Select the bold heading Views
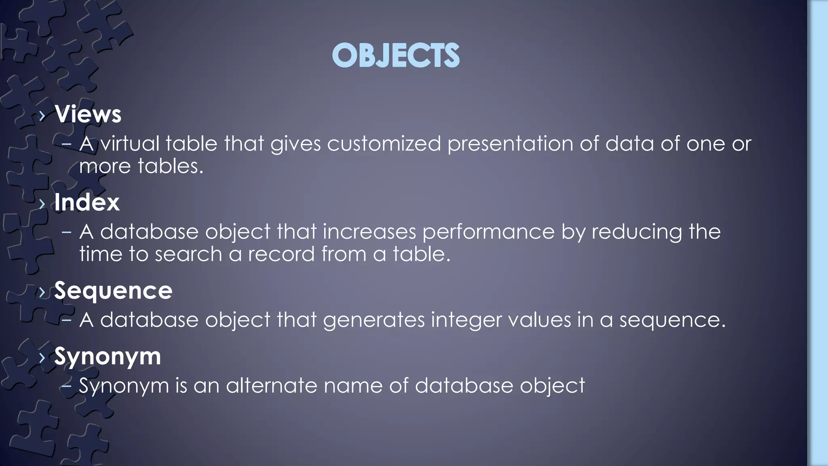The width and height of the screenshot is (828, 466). [88, 114]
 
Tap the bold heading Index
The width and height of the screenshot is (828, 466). [87, 202]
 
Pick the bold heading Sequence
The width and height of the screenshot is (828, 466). [113, 290]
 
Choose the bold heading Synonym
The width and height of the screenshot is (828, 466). [108, 357]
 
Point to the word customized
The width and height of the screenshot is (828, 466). [384, 144]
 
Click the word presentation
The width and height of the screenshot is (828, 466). [510, 144]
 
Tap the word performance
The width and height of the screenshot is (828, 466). [488, 232]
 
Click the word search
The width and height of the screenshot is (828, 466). [188, 254]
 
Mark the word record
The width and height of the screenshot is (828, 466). [281, 254]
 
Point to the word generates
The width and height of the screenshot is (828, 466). [374, 320]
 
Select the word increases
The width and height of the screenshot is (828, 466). [369, 232]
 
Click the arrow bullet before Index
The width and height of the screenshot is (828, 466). [42, 203]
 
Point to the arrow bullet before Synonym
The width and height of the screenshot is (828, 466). [42, 358]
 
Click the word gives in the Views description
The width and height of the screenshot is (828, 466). [295, 144]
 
